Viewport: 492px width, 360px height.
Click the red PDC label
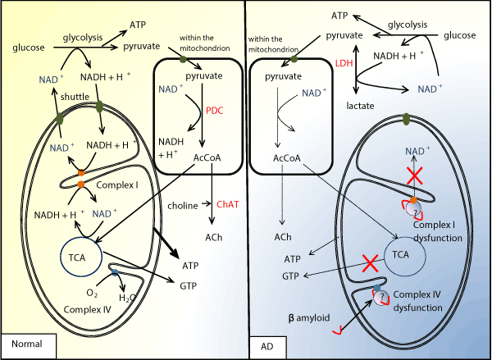tap(215, 109)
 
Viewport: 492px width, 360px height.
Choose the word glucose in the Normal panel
tap(28, 48)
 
